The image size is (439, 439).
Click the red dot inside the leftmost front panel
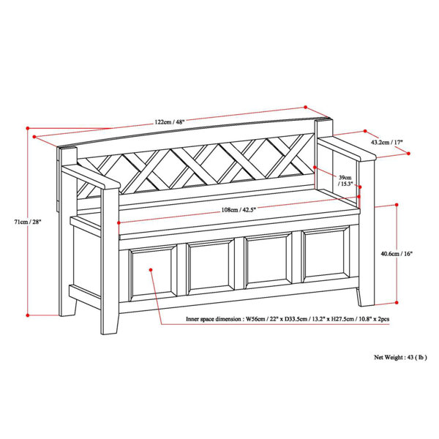(x=150, y=269)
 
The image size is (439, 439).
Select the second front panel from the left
(x=211, y=268)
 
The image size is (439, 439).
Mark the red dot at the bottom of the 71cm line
(x=29, y=315)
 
